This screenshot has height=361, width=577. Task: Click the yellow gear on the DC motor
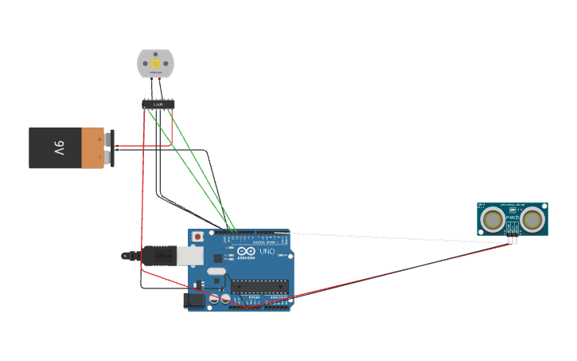[155, 62]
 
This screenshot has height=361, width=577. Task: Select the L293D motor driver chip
[158, 104]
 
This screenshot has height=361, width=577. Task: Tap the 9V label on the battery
[59, 148]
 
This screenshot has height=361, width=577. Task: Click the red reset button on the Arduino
[197, 237]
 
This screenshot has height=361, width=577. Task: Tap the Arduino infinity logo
[241, 251]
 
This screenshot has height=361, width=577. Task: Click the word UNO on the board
[267, 251]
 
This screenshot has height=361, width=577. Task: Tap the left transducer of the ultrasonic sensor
[493, 218]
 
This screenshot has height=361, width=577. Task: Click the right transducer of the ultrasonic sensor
[532, 218]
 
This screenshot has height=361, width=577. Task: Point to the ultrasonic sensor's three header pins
[513, 238]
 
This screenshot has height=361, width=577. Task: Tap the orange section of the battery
[92, 148]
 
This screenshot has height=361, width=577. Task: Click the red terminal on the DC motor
[159, 77]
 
